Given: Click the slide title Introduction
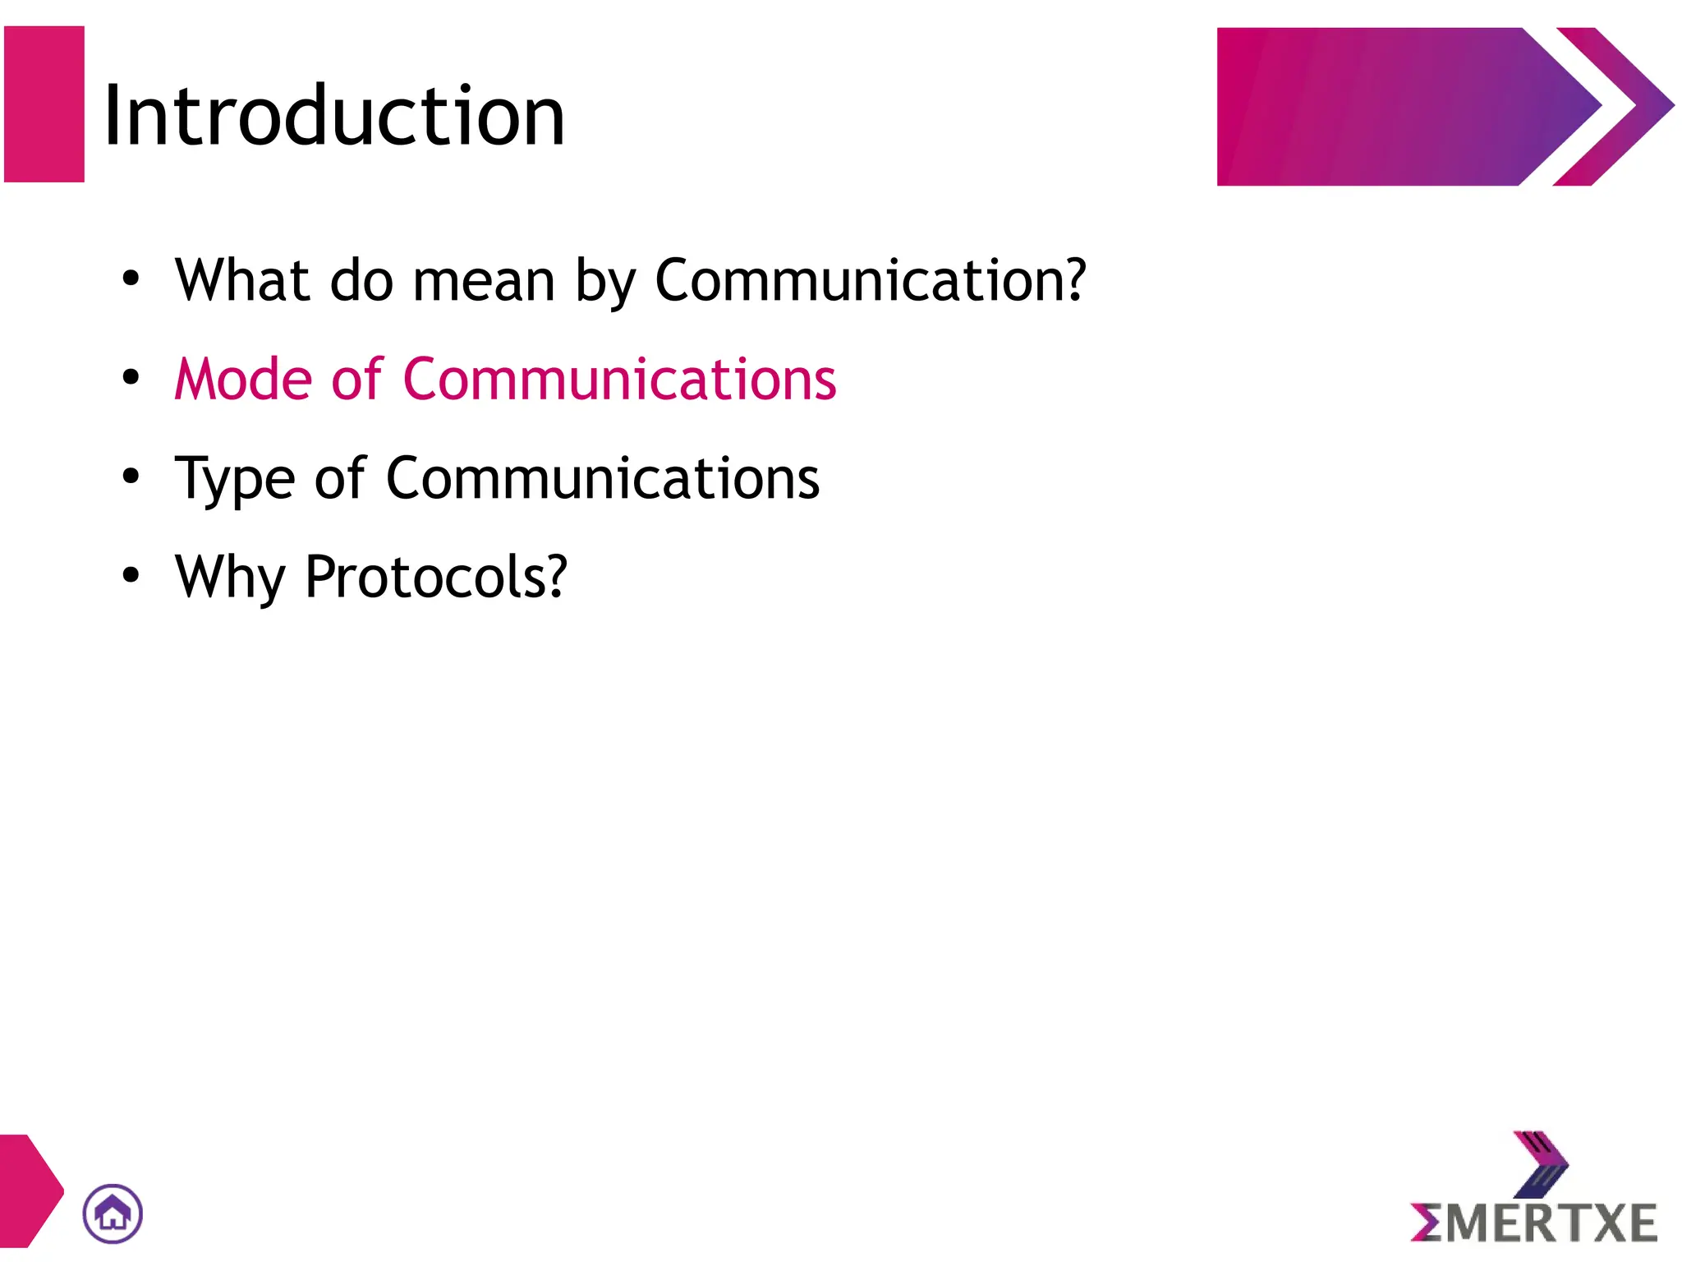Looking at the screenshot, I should click(x=334, y=117).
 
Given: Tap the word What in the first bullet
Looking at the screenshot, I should click(x=243, y=281).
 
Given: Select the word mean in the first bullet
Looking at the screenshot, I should click(x=484, y=281).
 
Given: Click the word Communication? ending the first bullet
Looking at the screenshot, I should click(x=871, y=281).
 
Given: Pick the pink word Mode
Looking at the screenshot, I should click(x=243, y=380).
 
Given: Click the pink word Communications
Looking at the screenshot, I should click(x=619, y=380).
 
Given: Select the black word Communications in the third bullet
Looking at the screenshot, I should click(x=602, y=478).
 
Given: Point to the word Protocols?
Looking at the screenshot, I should click(x=436, y=577).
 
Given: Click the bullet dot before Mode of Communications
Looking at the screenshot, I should click(x=131, y=378).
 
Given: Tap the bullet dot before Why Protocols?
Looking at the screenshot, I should click(x=131, y=575).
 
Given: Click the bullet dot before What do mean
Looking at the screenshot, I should click(x=131, y=279).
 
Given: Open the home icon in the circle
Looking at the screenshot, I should click(x=113, y=1214).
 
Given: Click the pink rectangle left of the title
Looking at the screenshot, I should click(x=44, y=104).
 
